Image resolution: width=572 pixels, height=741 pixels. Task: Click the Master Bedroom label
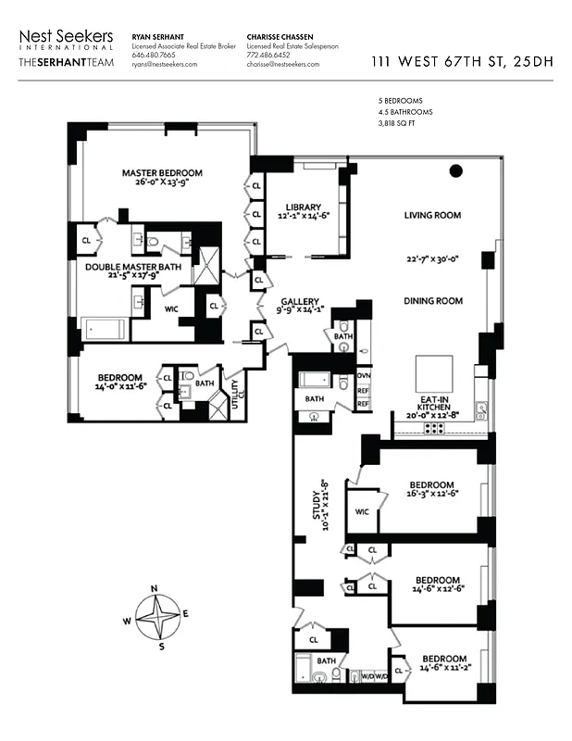(x=162, y=172)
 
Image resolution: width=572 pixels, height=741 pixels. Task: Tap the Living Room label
(x=432, y=215)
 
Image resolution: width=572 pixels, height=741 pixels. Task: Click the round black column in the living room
(x=455, y=170)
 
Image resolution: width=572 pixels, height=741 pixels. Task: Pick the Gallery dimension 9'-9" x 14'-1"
(x=301, y=311)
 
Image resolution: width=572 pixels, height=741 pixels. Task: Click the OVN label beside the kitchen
(x=364, y=375)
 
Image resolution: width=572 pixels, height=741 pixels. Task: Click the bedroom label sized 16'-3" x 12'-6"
(x=432, y=484)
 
